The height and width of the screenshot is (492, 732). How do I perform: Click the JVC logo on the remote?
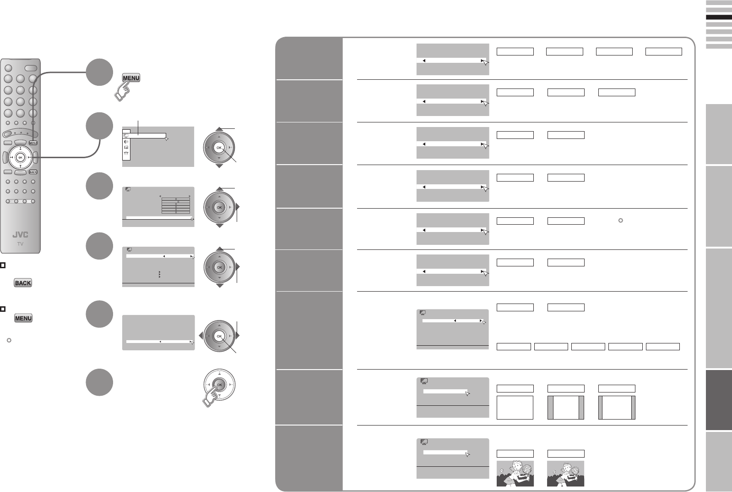pos(20,235)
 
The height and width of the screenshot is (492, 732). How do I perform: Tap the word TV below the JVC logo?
pos(20,244)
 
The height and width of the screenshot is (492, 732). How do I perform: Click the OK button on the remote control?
pos(20,157)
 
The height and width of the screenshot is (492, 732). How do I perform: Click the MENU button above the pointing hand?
pos(131,78)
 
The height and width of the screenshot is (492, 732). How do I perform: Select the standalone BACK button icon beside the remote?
pos(23,283)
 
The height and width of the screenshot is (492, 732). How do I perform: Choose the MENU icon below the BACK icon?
pos(23,318)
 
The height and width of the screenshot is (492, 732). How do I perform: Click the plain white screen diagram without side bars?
pos(515,407)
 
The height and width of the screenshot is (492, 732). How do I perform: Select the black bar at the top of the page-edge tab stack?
pos(719,17)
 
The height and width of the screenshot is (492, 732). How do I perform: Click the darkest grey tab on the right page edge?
pos(719,400)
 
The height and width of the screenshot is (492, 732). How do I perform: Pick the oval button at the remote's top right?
pos(31,68)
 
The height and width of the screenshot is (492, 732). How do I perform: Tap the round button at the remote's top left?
pos(8,68)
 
